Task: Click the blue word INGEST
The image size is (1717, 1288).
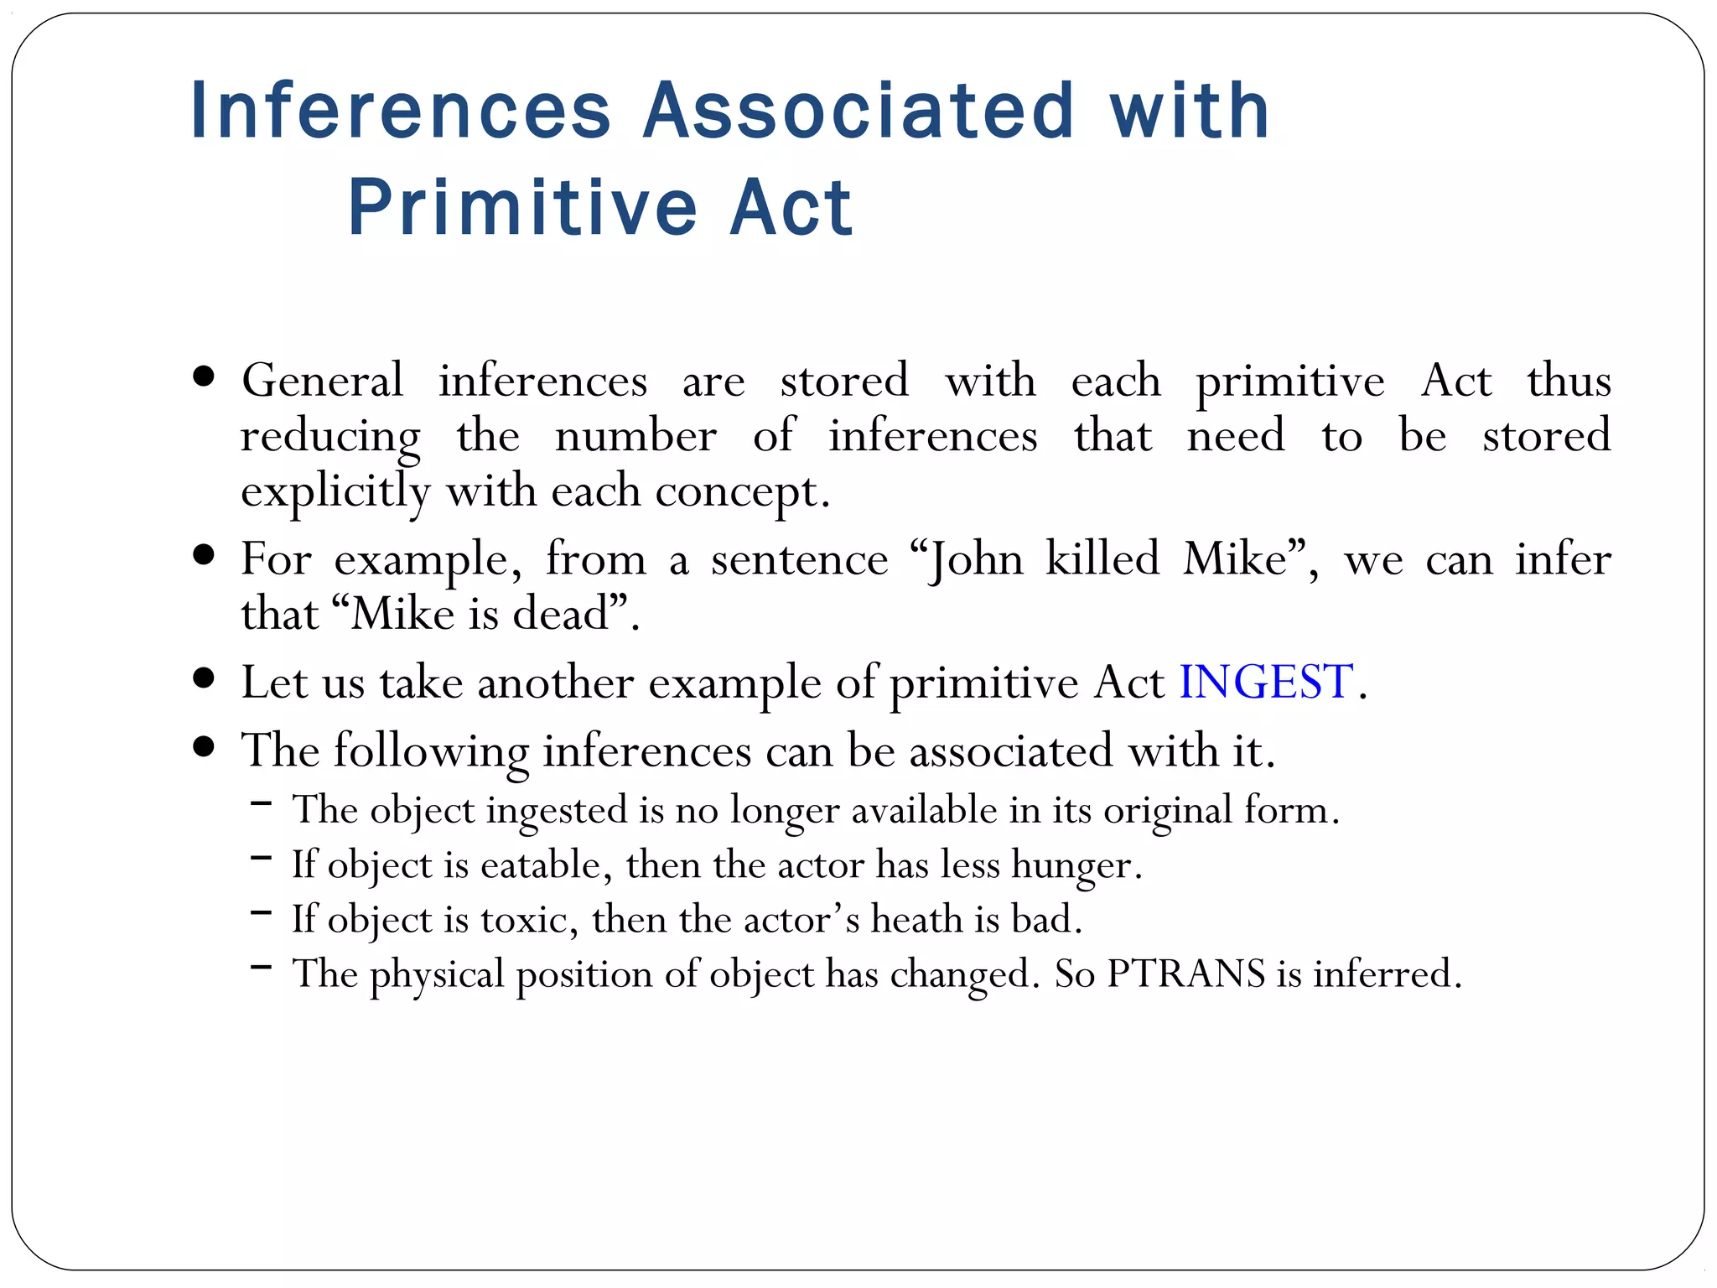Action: coord(1266,682)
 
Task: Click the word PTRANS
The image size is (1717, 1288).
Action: coord(1185,974)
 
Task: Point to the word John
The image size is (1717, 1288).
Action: coord(977,559)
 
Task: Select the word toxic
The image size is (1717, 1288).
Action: coord(525,920)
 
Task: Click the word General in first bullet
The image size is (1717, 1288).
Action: coord(322,381)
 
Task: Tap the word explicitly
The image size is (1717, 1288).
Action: coord(335,491)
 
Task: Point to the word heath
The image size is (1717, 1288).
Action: coord(916,919)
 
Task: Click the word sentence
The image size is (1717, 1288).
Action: coord(799,559)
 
